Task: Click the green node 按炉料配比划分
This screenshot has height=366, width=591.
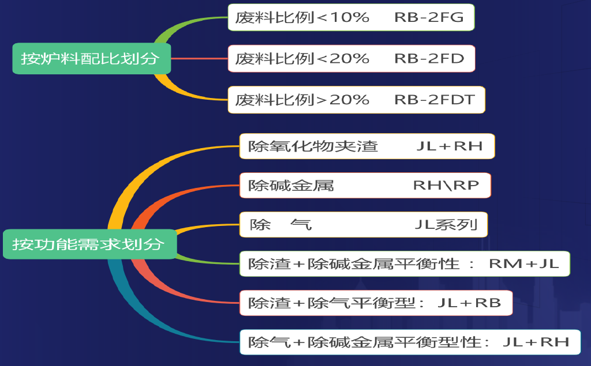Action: click(x=91, y=59)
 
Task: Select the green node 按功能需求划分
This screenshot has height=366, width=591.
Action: click(x=89, y=244)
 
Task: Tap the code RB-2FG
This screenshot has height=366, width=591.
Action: click(x=429, y=17)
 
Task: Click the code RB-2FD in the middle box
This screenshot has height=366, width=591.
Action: click(x=429, y=59)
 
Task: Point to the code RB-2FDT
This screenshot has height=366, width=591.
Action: click(x=435, y=100)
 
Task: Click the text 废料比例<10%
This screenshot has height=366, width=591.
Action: click(x=302, y=17)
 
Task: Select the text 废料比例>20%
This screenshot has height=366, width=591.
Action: click(x=302, y=100)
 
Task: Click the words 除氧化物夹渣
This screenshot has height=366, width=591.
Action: click(x=313, y=146)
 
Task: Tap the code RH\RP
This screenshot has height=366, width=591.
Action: click(x=446, y=186)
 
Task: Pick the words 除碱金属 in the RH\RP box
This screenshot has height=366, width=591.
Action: click(x=291, y=186)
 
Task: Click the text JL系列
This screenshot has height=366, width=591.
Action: click(x=446, y=224)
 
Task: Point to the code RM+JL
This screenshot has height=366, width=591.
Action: click(x=524, y=264)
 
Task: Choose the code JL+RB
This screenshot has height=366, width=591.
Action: click(x=469, y=303)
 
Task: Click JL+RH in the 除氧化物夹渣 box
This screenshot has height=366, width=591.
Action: click(x=449, y=146)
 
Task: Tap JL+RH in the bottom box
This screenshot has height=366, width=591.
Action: click(x=536, y=342)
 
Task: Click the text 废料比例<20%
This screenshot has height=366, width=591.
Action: click(x=302, y=59)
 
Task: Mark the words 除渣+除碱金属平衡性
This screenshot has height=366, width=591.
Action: click(x=353, y=264)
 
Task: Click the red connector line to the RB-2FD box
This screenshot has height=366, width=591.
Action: click(x=199, y=59)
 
